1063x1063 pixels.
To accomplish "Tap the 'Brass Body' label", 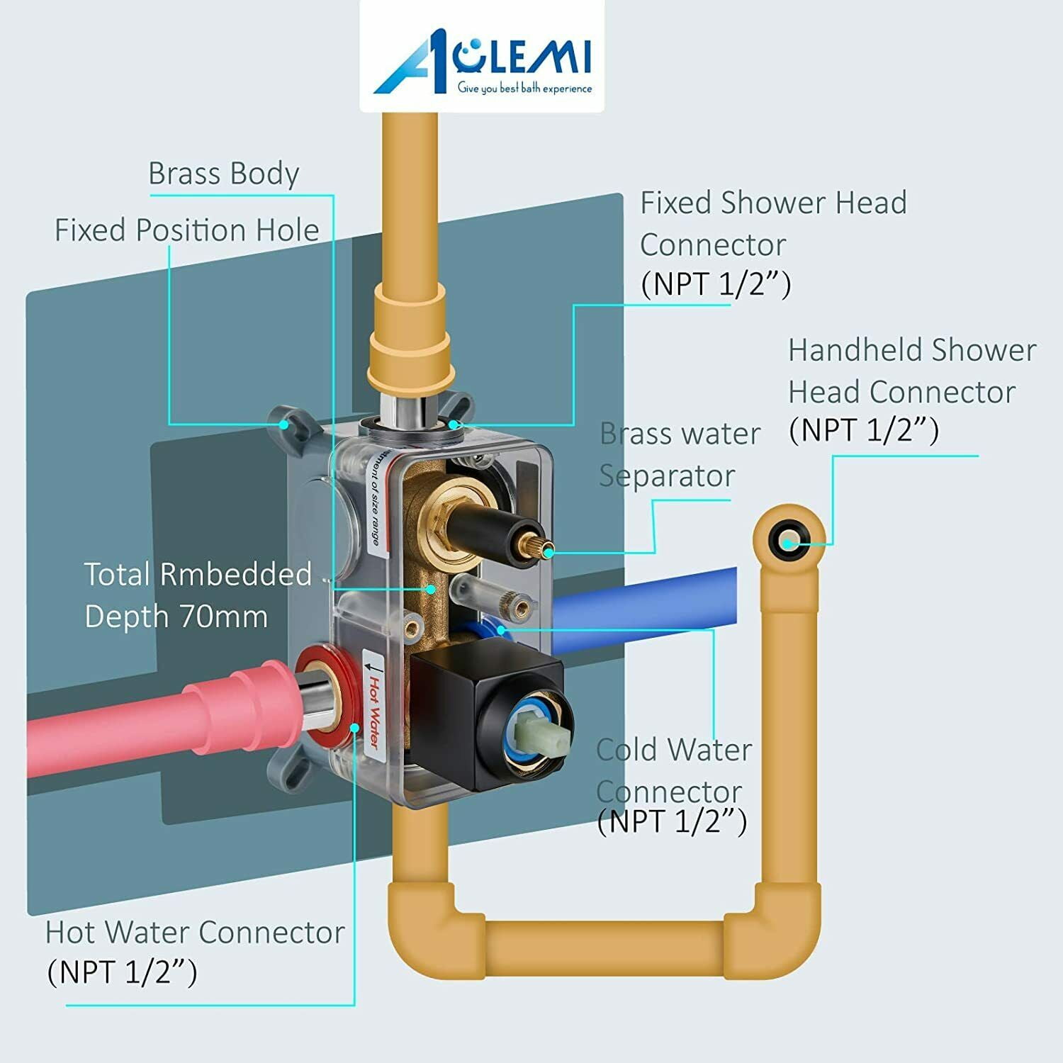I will pos(223,174).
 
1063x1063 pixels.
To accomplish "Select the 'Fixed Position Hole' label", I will pos(186,230).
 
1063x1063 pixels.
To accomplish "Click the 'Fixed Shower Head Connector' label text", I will pos(772,223).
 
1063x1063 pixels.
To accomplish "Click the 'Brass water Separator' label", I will pos(679,454).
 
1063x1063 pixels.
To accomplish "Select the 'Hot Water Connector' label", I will pos(195,933).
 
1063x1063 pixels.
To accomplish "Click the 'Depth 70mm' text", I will pos(176,617).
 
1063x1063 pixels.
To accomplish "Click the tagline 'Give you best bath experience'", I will pos(524,89).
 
